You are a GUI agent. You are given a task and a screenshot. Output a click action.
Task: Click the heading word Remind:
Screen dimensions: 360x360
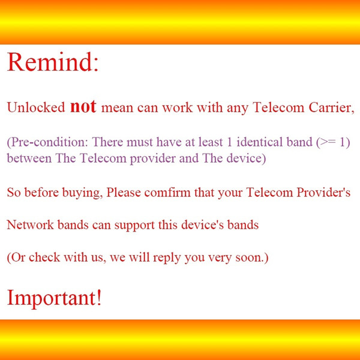[x=53, y=62]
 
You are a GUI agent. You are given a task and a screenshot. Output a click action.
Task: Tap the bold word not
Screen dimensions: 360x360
[x=83, y=107]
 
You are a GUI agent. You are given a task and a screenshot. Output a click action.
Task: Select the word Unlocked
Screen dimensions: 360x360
[x=36, y=107]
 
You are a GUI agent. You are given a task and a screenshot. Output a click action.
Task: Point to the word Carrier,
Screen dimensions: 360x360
[x=331, y=107]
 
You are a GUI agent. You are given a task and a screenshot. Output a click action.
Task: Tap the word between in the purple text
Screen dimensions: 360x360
[x=29, y=158]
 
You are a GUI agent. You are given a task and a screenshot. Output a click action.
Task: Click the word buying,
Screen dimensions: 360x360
[x=83, y=193]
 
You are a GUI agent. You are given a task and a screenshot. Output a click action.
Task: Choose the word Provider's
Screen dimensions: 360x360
[x=323, y=192]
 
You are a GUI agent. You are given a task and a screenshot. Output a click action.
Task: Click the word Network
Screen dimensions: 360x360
[x=31, y=224]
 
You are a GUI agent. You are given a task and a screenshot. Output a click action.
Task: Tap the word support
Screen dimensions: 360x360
[x=134, y=225]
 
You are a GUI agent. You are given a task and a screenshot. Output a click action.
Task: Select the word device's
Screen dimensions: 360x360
[x=203, y=224]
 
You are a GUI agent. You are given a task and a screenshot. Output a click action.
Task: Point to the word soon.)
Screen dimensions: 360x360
[x=252, y=257]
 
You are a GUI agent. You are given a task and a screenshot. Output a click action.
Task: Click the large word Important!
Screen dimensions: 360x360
[x=54, y=298]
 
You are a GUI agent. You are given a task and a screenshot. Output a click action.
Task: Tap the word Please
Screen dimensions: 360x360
[x=124, y=193]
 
